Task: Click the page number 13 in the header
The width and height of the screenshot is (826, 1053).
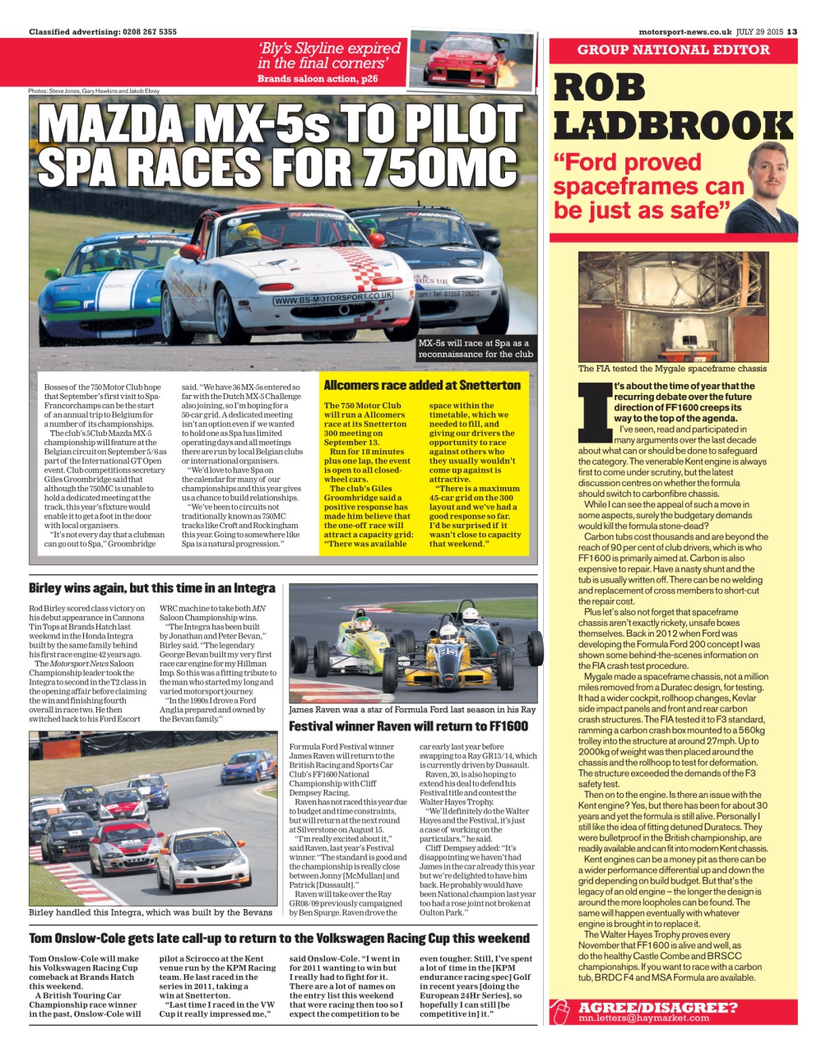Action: (792, 32)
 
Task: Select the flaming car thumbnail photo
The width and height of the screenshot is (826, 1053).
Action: (465, 59)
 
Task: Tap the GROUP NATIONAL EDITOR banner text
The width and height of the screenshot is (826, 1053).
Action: (673, 50)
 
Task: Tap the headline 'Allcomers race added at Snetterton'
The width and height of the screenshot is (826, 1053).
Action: (421, 385)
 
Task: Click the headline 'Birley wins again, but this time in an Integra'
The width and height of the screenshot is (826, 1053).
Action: (152, 588)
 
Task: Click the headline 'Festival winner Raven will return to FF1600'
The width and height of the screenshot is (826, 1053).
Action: (408, 726)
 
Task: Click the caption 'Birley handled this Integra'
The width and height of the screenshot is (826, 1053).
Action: (151, 912)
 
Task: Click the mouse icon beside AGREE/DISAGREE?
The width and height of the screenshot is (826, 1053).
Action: (561, 1012)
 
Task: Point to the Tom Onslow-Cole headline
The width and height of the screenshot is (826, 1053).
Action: (279, 938)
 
